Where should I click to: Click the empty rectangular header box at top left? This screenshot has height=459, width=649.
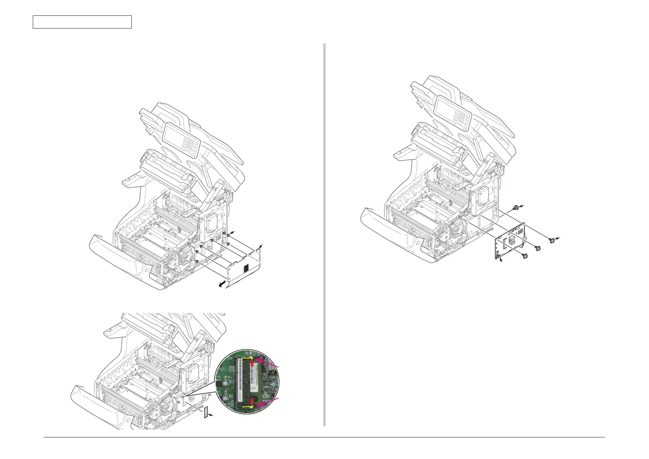click(82, 22)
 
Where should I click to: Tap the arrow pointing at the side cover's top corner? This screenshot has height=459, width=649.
click(262, 245)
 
